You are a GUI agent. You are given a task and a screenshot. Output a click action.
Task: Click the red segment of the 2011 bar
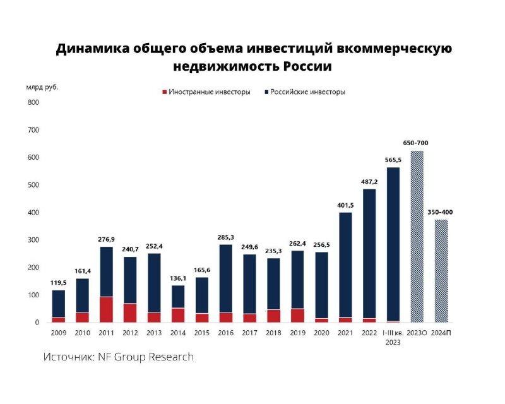pyautogui.click(x=107, y=309)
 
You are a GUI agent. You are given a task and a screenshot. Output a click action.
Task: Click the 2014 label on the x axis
pyautogui.click(x=178, y=332)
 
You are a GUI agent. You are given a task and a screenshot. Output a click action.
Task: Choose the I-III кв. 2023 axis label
pyautogui.click(x=393, y=337)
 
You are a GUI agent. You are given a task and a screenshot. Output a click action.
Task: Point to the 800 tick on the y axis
pyautogui.click(x=33, y=102)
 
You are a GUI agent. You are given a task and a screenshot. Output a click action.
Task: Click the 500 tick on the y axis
pyautogui.click(x=33, y=185)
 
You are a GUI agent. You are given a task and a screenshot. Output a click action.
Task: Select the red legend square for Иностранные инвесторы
pyautogui.click(x=164, y=92)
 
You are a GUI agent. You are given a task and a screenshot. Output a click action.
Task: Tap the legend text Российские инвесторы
pyautogui.click(x=308, y=92)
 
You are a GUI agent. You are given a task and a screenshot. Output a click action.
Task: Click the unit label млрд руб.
pyautogui.click(x=42, y=87)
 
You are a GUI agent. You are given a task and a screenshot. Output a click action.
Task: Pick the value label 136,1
pyautogui.click(x=178, y=278)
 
